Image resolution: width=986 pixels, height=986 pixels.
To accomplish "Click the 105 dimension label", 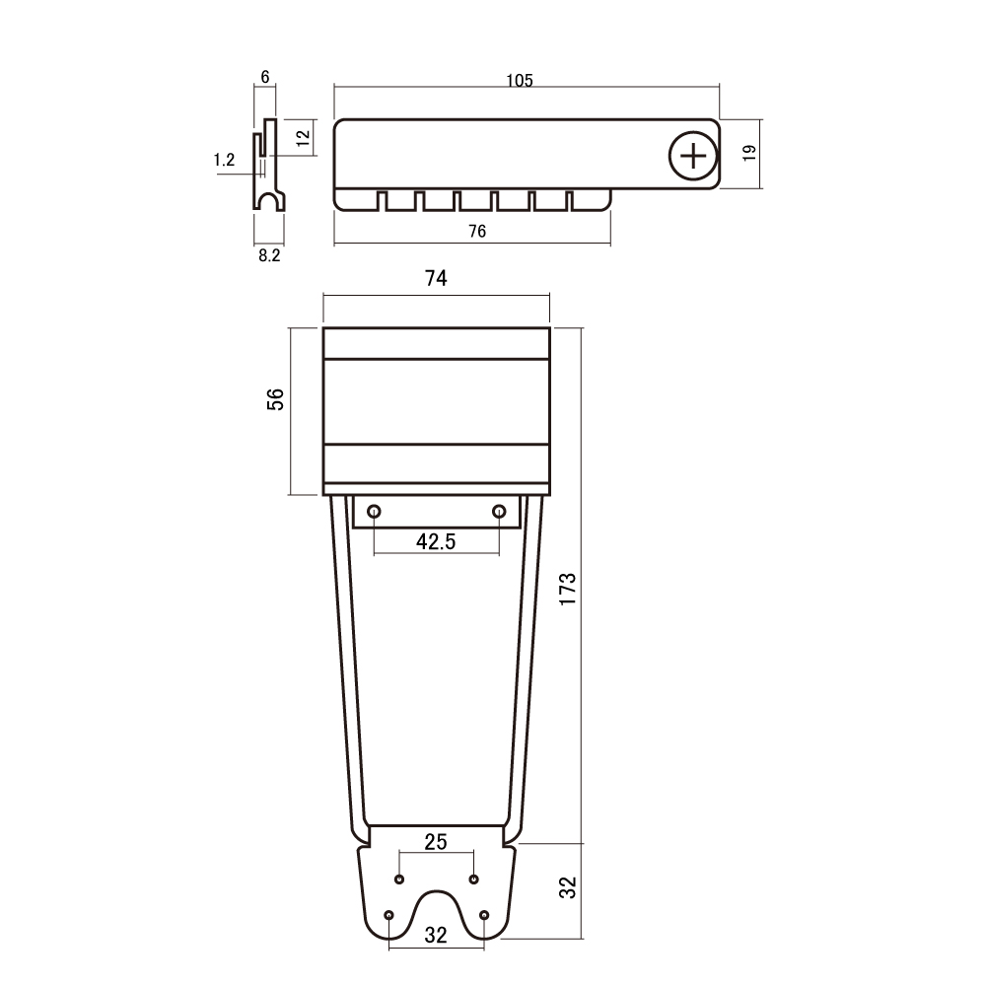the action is pyautogui.click(x=520, y=81).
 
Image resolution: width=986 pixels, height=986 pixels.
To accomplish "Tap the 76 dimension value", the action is pyautogui.click(x=477, y=232).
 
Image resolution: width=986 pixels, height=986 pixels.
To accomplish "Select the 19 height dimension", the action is pyautogui.click(x=749, y=153).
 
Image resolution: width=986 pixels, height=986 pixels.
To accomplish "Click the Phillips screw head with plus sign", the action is pyautogui.click(x=693, y=156).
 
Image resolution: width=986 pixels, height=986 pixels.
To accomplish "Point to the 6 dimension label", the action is pyautogui.click(x=264, y=77).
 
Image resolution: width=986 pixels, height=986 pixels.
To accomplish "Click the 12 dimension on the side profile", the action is pyautogui.click(x=303, y=138).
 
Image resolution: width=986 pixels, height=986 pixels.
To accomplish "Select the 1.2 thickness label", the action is pyautogui.click(x=225, y=160).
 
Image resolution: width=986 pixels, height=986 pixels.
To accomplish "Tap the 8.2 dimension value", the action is pyautogui.click(x=269, y=255).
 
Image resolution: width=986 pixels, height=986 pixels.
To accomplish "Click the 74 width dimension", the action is pyautogui.click(x=436, y=278).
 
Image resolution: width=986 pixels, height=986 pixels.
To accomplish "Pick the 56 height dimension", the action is pyautogui.click(x=275, y=400).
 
